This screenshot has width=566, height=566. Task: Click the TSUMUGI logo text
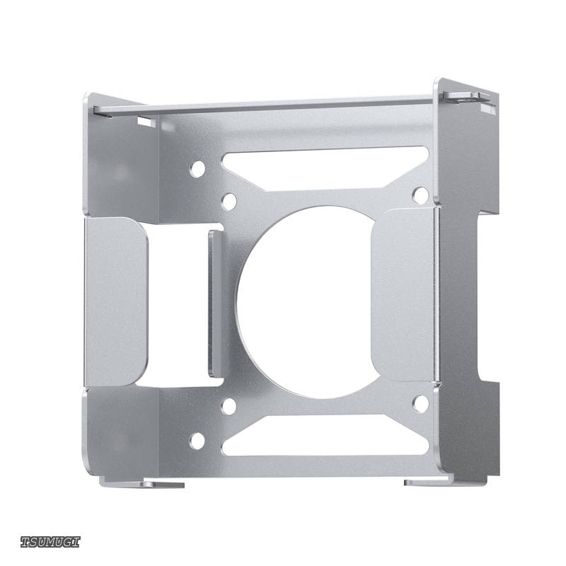pos(50,542)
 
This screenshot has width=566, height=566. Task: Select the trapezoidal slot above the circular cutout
pos(325,168)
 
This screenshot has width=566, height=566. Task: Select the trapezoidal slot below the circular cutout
pos(325,435)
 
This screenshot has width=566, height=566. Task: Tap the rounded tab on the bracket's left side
pos(115,302)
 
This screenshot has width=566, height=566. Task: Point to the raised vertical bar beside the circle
pos(216,304)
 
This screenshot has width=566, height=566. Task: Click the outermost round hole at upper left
pos(197,169)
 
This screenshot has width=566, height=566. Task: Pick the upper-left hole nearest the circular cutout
pos(229,202)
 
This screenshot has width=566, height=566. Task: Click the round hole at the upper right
pos(420,195)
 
